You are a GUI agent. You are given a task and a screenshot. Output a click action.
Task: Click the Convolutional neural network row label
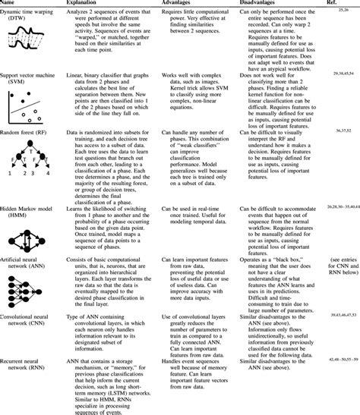[29, 316]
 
